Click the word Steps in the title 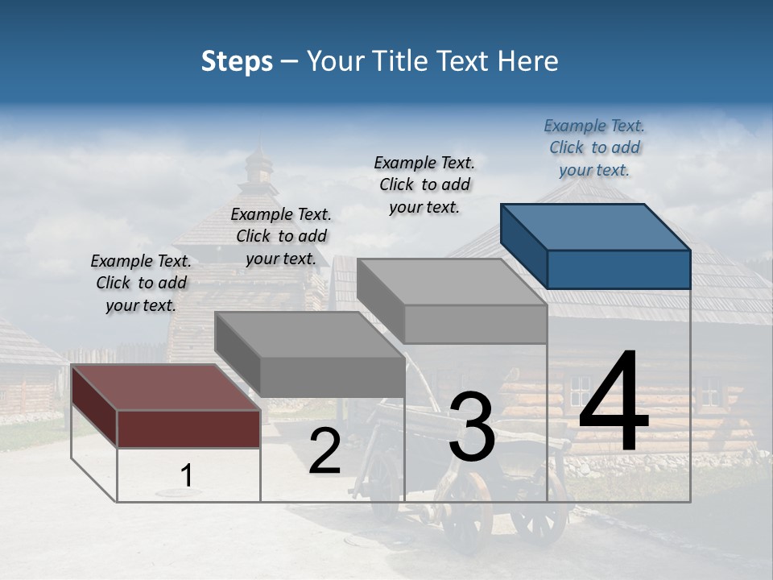coord(237,61)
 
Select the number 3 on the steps coord(472,427)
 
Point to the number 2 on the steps coord(324,452)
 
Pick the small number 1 coord(186,476)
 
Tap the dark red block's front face coord(188,428)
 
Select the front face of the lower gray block coord(332,376)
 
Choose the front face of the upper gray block coord(475,324)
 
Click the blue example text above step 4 coord(594,147)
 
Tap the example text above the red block coord(141,283)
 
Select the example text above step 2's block coord(281,236)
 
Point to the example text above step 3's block coord(424,184)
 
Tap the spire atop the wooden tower coord(259,165)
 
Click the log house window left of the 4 coord(580,391)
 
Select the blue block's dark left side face coord(523,246)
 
